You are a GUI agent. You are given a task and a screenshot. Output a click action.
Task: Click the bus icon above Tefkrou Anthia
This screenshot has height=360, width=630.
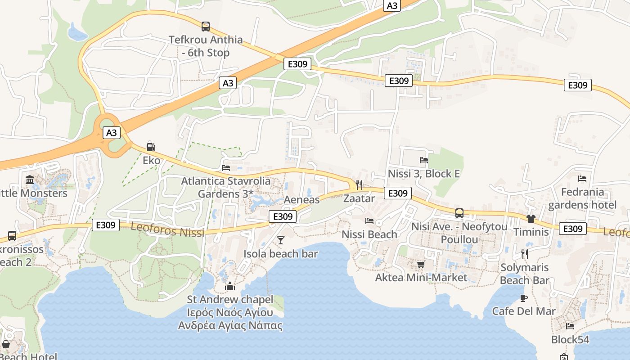click(x=206, y=27)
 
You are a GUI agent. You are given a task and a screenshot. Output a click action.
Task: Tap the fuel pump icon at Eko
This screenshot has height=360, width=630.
click(x=151, y=147)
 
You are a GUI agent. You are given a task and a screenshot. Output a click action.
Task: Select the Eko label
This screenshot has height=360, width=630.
click(x=151, y=160)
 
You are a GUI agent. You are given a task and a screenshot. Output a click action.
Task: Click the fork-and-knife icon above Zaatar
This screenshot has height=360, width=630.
click(x=359, y=184)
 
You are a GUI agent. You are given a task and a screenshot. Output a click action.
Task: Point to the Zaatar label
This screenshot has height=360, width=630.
click(x=359, y=198)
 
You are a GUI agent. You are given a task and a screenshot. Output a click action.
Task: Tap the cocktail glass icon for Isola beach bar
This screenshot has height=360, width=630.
click(x=281, y=240)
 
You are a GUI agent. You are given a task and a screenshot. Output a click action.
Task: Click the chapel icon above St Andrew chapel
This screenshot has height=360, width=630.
click(x=230, y=286)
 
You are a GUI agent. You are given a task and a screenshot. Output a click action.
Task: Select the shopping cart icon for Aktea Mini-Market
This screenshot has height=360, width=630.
click(x=421, y=264)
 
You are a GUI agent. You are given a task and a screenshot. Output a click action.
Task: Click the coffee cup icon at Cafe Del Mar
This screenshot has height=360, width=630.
click(x=524, y=297)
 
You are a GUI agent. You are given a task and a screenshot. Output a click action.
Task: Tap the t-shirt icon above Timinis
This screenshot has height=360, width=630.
click(x=531, y=219)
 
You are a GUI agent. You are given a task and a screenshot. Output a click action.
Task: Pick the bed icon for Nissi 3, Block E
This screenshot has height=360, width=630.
click(x=423, y=160)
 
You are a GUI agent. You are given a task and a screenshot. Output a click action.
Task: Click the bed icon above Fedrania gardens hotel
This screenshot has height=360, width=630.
click(x=582, y=178)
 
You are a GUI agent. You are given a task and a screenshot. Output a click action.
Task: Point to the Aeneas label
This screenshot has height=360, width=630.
click(x=301, y=200)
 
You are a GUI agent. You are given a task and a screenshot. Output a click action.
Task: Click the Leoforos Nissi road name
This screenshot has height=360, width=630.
click(x=167, y=230)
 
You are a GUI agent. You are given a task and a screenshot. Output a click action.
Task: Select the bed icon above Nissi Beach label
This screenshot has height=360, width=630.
click(x=369, y=220)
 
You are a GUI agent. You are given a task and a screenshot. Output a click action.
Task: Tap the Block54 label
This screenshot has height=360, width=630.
click(x=570, y=339)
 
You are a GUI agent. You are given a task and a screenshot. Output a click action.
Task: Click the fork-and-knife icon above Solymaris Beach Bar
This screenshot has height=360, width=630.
click(x=524, y=254)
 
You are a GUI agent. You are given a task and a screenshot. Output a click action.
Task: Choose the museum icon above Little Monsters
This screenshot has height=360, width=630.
click(x=30, y=180)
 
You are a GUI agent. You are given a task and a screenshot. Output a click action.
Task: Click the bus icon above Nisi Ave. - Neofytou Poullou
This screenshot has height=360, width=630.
click(x=459, y=213)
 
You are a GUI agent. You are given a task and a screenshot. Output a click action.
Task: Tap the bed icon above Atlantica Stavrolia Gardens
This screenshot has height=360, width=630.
click(x=226, y=168)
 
